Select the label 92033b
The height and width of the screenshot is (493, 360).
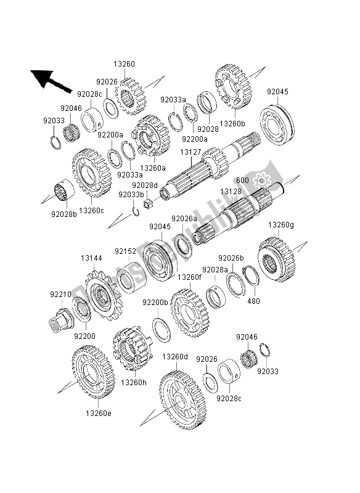pyautogui.click(x=131, y=195)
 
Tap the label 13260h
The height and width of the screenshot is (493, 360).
pyautogui.click(x=133, y=382)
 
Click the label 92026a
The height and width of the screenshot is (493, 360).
pyautogui.click(x=184, y=218)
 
